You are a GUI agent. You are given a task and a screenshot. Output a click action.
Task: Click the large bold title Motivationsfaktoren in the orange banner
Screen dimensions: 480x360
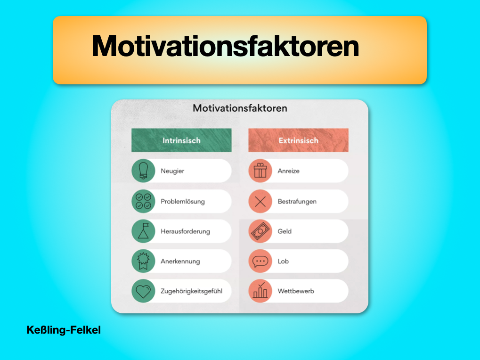click(226, 46)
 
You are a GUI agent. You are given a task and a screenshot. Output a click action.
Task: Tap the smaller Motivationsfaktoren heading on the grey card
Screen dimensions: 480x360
click(240, 108)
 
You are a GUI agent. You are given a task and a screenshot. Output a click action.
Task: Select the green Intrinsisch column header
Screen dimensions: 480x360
click(181, 140)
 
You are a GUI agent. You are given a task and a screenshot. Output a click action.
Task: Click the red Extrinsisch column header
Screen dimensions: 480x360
click(299, 140)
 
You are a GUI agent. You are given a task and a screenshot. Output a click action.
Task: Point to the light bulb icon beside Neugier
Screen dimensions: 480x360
click(143, 171)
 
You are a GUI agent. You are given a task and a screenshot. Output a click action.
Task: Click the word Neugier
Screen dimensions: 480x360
click(172, 171)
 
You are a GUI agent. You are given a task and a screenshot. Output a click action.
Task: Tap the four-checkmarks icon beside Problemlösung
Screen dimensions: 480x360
click(143, 201)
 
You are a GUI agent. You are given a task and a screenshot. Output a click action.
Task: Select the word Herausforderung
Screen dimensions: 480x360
click(186, 231)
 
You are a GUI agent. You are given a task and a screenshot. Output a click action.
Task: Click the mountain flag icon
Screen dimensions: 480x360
click(143, 231)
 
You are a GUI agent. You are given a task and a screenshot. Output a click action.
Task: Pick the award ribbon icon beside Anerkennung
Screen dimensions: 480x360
click(143, 261)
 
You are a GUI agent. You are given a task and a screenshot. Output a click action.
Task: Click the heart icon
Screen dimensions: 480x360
click(143, 291)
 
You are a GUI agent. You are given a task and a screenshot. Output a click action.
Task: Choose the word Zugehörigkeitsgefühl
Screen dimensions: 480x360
click(192, 291)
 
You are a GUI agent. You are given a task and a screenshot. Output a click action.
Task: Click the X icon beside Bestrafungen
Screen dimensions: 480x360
click(260, 201)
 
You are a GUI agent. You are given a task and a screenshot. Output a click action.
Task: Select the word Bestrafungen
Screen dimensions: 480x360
click(297, 201)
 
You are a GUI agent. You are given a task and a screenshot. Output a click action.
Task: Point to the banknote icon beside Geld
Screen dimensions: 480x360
click(260, 231)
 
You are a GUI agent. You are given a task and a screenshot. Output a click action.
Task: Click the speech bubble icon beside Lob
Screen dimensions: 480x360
click(260, 261)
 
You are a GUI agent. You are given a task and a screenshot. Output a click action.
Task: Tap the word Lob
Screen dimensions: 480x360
click(283, 261)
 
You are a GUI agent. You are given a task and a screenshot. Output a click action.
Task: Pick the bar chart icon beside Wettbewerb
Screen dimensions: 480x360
click(260, 291)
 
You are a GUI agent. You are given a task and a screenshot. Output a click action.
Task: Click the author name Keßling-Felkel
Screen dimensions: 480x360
click(64, 330)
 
